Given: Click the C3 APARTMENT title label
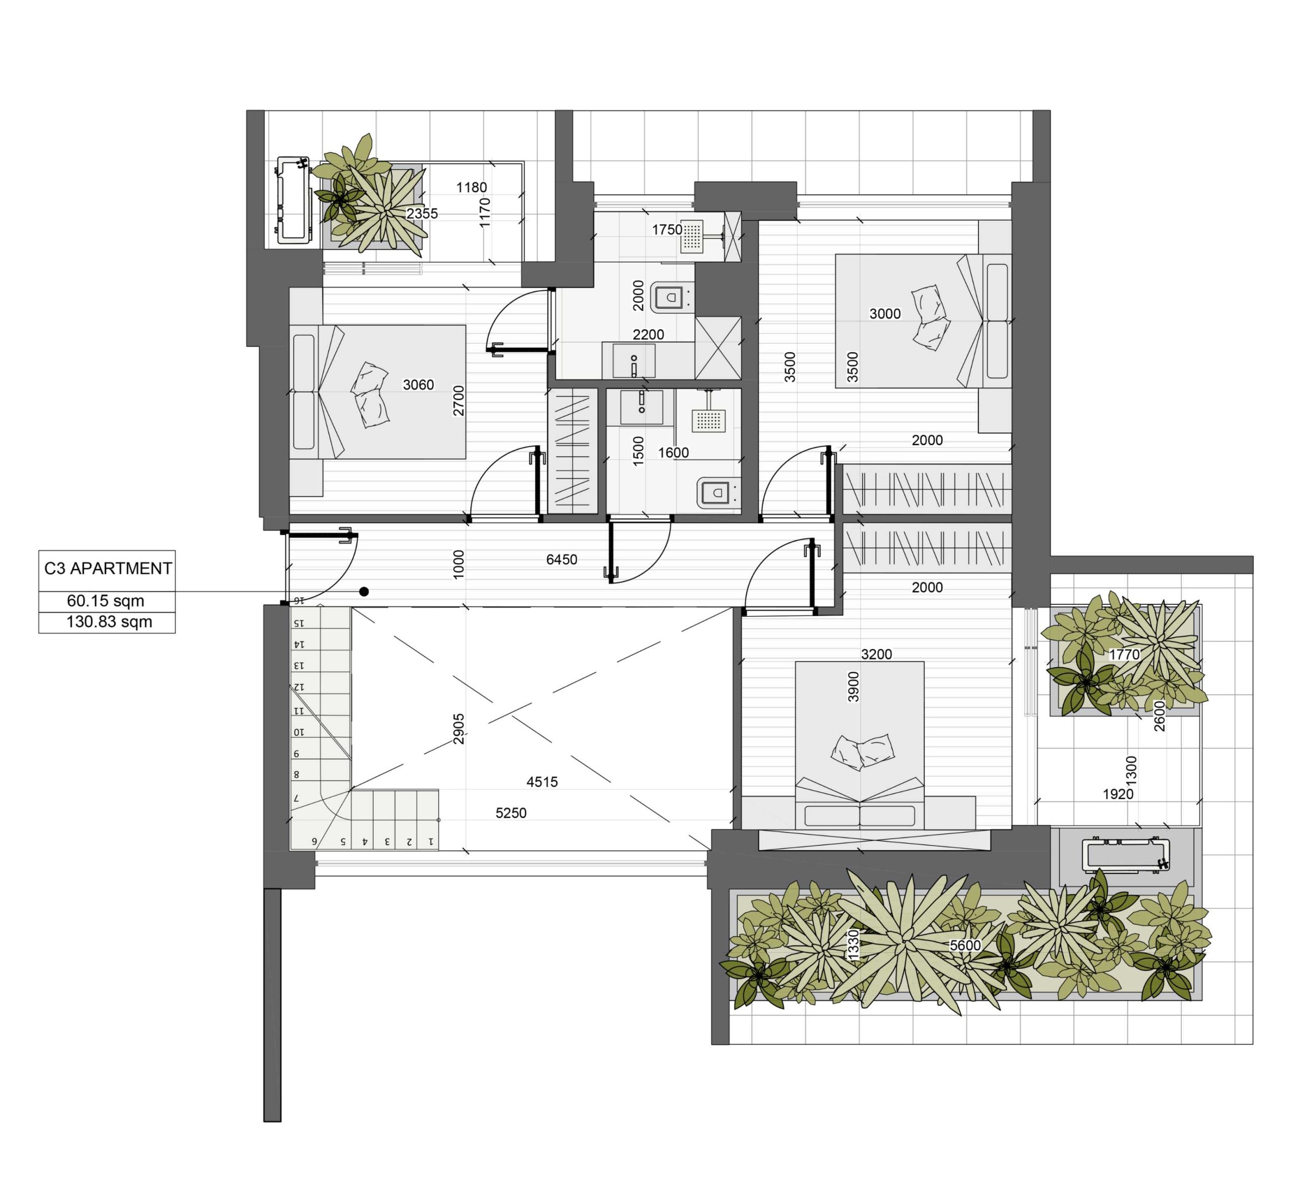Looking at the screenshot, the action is pos(107,568).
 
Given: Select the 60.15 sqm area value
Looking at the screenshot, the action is pos(105,601).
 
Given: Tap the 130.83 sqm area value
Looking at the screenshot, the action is pos(109,623).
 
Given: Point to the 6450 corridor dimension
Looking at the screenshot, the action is pos(561,560).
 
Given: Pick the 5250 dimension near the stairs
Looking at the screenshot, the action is pos(511,813).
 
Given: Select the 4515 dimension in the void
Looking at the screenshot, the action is pos(542,782).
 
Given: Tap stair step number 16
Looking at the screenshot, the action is pos(299,601).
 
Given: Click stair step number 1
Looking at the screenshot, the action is pos(430,842).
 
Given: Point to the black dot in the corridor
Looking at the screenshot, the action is pos(365,591).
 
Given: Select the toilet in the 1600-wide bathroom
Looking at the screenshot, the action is pos(719,493).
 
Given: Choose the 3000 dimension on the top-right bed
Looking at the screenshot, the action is pos(885,314).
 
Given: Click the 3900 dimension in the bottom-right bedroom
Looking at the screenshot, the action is pos(853,686).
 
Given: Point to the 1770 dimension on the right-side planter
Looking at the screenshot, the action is pos(1124,655).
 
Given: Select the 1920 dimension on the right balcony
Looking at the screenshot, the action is pos(1119,794).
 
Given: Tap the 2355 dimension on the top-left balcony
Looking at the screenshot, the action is pos(422,213).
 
